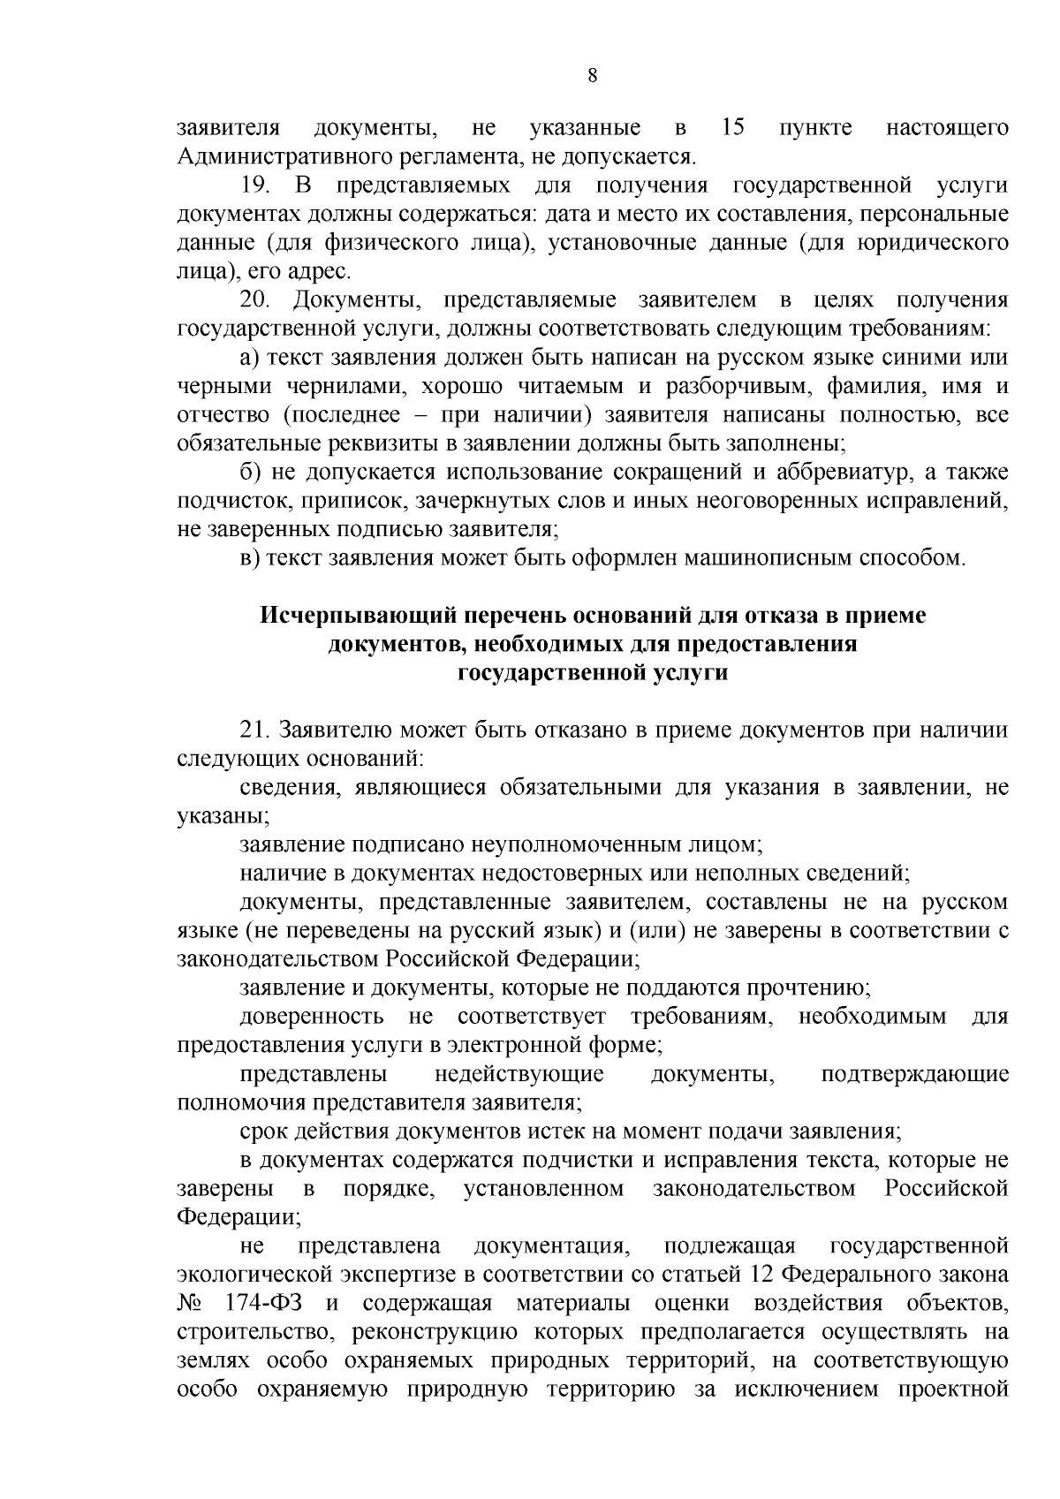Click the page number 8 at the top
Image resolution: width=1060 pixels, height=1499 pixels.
593,76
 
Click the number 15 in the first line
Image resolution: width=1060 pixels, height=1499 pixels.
732,129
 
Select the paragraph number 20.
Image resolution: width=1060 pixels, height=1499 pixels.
256,301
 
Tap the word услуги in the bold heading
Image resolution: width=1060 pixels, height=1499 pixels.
692,673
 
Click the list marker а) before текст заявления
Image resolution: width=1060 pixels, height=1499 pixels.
249,359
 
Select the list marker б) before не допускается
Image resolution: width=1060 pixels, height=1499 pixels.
249,473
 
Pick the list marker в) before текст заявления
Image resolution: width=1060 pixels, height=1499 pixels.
249,559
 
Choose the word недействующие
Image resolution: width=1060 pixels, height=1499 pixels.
519,1074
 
